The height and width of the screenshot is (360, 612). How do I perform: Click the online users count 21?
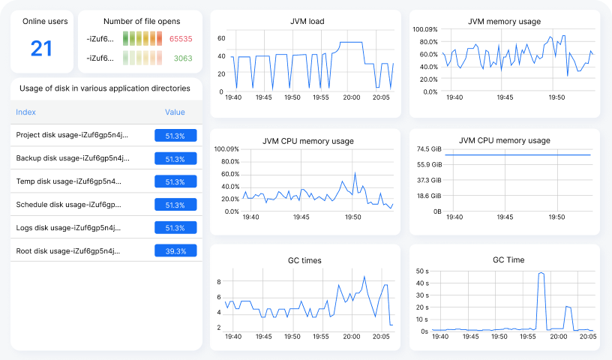coord(41,49)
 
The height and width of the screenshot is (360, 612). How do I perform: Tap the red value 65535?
coord(181,39)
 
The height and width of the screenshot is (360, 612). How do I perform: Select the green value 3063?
coord(183,58)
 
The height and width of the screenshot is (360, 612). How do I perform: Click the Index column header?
coord(25,112)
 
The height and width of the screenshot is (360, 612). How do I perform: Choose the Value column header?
coord(175,112)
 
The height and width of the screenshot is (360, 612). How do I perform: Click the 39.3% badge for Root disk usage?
coord(175,250)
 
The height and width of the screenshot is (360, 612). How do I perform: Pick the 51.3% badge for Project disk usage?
coord(175,136)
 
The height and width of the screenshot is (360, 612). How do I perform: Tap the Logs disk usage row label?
coord(68,228)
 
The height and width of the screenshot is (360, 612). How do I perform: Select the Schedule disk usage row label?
coord(68,205)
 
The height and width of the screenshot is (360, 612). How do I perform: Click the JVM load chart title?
coord(307,22)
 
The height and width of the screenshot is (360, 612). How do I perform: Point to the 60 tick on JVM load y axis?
coord(221,38)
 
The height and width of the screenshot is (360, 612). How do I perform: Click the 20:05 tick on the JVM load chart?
coord(381,97)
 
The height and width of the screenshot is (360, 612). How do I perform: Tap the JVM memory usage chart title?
coord(504,22)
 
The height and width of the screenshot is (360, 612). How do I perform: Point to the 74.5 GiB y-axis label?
coord(429,148)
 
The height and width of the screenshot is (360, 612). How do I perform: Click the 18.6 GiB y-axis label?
coord(429,196)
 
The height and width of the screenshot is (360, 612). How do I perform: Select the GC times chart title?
coord(304,260)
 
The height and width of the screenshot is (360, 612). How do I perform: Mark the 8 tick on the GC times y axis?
coord(219,282)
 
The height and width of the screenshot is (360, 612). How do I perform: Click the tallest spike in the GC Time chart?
coord(541,273)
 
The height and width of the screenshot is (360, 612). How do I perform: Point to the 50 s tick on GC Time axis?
coord(422,271)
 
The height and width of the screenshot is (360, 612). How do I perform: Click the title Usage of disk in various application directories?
coord(104,88)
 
